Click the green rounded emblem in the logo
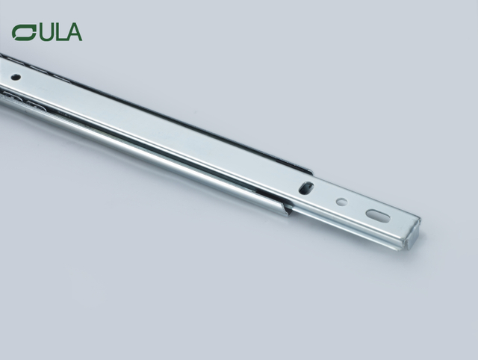pos(23,32)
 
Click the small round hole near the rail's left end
pos(16,77)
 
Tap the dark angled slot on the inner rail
pos(306,188)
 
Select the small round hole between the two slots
pos(341,201)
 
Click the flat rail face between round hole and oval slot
pos(358,207)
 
